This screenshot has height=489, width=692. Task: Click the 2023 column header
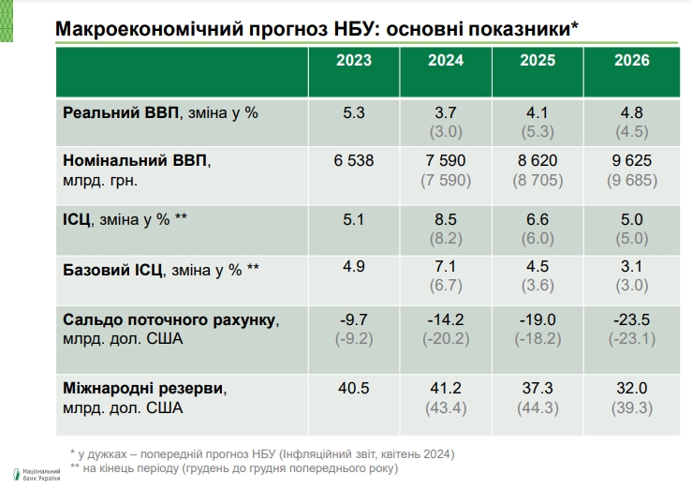click(354, 61)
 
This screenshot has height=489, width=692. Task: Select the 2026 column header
click(632, 61)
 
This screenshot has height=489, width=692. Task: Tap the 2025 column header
click(537, 61)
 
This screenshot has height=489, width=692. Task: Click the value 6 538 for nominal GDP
click(354, 161)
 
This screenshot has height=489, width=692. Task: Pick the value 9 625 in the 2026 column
click(632, 161)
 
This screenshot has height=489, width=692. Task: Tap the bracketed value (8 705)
click(537, 181)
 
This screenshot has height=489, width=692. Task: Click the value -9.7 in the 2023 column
click(354, 319)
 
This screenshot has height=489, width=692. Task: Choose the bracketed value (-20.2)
click(446, 338)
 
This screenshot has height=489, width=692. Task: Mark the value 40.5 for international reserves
click(354, 387)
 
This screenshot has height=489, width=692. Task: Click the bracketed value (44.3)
click(537, 407)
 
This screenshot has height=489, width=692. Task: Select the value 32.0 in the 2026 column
click(632, 387)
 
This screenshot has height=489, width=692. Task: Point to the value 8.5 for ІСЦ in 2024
click(446, 220)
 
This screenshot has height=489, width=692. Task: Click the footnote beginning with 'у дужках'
click(261, 453)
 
